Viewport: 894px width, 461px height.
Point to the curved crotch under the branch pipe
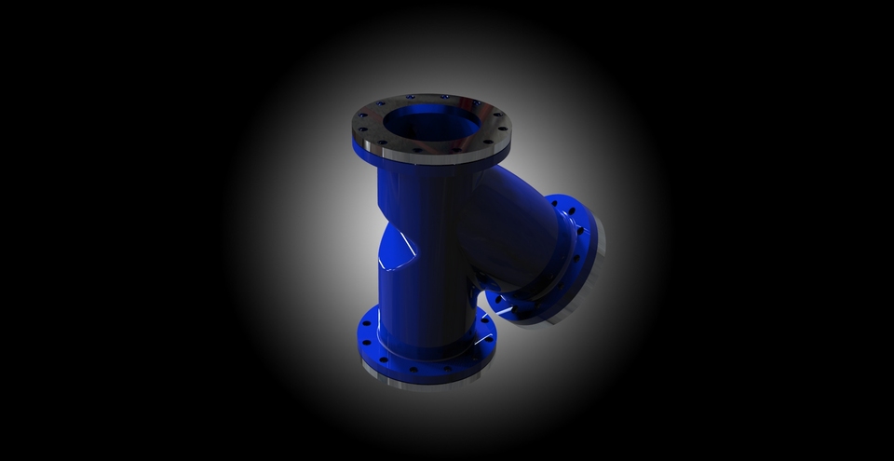484,298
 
